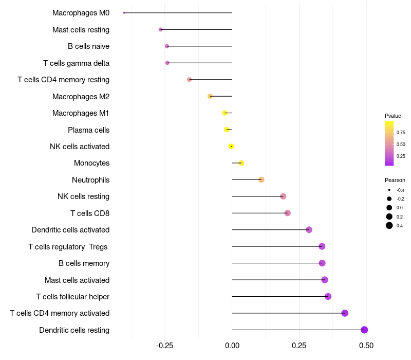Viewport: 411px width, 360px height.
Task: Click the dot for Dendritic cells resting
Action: tap(364, 330)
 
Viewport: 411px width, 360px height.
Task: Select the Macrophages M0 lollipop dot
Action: tap(124, 13)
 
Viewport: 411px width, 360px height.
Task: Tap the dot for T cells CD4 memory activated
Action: tap(345, 313)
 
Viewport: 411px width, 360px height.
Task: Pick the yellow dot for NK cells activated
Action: tap(231, 146)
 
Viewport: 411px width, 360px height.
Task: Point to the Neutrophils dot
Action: tap(261, 179)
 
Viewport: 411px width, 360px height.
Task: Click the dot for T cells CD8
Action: tap(287, 213)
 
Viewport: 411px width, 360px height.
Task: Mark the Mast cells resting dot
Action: tap(161, 29)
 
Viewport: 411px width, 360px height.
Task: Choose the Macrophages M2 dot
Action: tap(210, 96)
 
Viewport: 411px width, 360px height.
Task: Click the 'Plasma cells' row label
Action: tap(88, 130)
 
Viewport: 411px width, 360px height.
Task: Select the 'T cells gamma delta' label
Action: tap(76, 63)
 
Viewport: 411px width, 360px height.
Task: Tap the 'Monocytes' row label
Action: tap(91, 163)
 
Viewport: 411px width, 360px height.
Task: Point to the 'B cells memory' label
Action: tap(84, 263)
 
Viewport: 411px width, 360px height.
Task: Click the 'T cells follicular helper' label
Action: tap(72, 297)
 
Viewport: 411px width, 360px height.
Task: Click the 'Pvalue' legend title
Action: tap(393, 116)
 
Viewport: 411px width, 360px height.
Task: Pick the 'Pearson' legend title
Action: tap(395, 180)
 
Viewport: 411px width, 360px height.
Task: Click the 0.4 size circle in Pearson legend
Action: tap(389, 225)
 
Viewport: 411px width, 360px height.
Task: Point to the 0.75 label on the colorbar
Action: tap(401, 132)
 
